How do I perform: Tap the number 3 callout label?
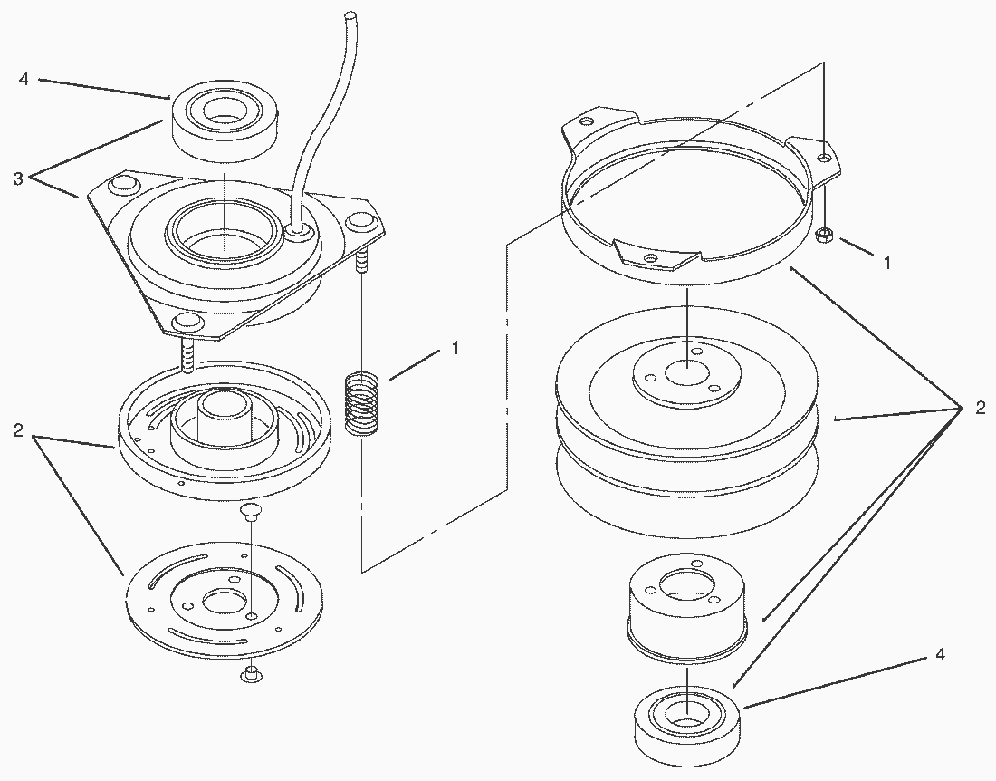[x=18, y=179]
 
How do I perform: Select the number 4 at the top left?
[x=24, y=80]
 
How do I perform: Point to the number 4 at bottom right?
[x=940, y=654]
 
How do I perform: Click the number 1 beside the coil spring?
[x=455, y=348]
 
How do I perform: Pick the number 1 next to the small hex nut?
[x=886, y=261]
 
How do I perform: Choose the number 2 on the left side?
[x=18, y=430]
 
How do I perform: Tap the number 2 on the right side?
[x=980, y=408]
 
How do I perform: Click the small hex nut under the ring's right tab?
[x=825, y=236]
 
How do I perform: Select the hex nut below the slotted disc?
[x=250, y=673]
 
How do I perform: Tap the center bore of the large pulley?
[x=687, y=372]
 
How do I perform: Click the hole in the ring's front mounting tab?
[x=651, y=257]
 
